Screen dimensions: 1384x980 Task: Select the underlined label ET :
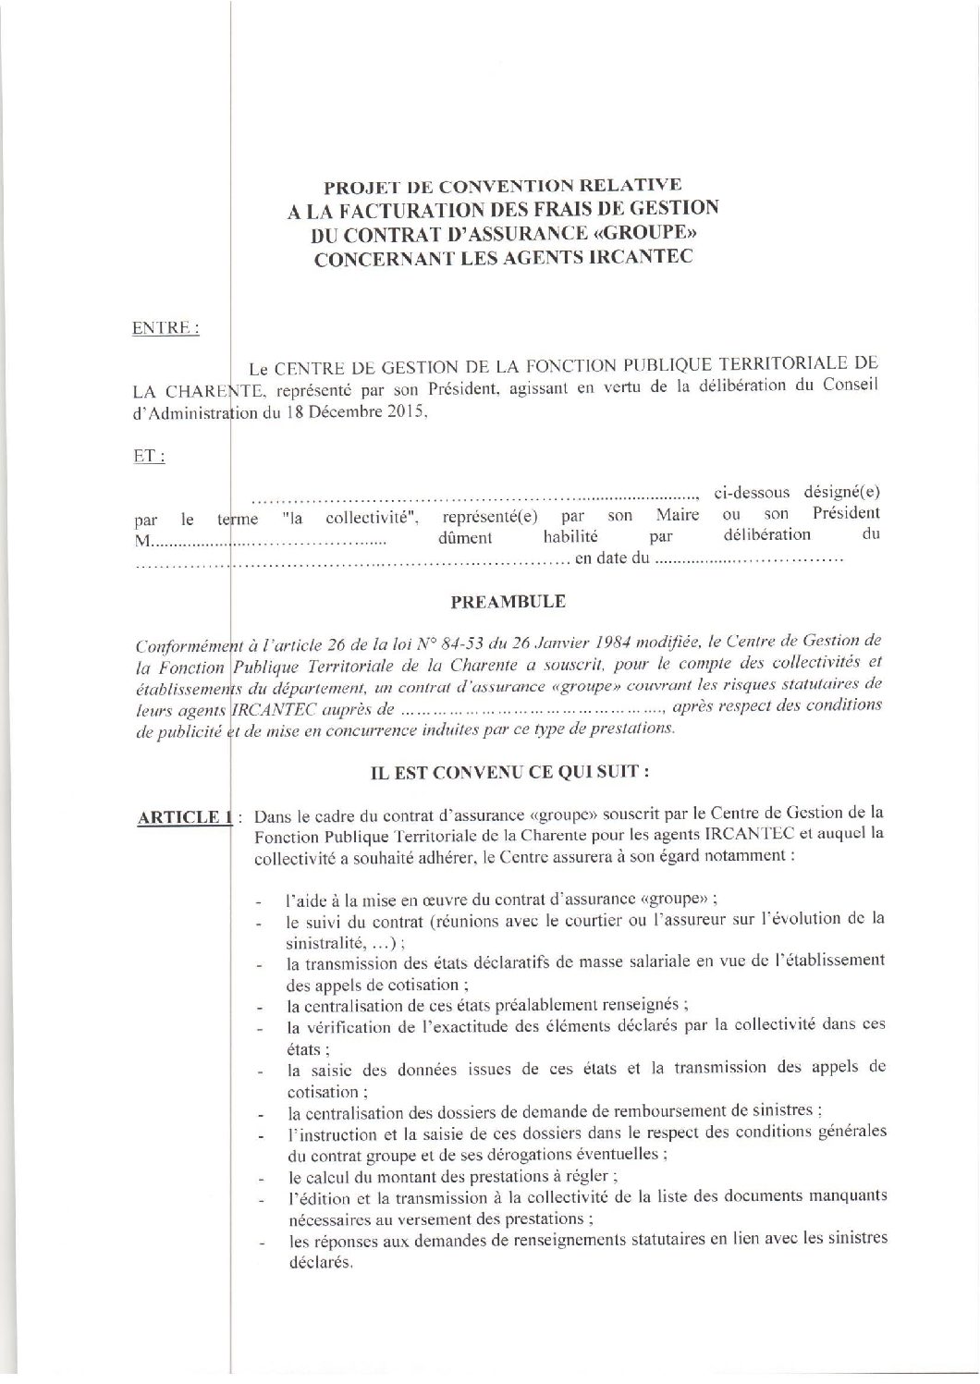(x=150, y=457)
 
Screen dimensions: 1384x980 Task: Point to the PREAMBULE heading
(x=508, y=601)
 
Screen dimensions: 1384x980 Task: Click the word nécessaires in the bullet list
(x=332, y=1219)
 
